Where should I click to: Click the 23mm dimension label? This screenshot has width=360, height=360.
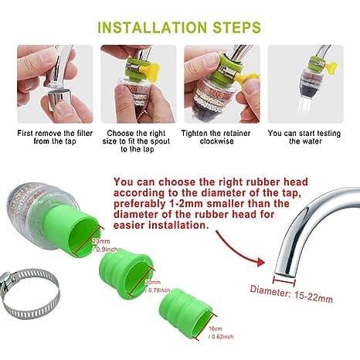click(101, 245)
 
